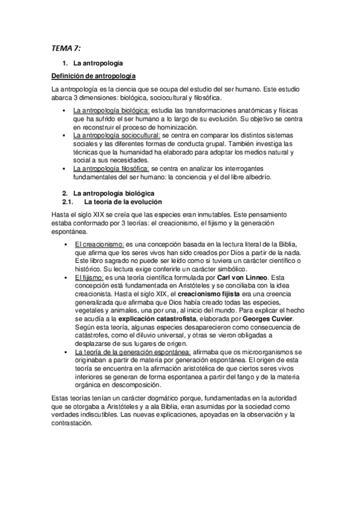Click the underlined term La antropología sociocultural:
tap(117, 136)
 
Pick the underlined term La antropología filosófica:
tap(111, 169)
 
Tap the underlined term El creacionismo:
tap(99, 245)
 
